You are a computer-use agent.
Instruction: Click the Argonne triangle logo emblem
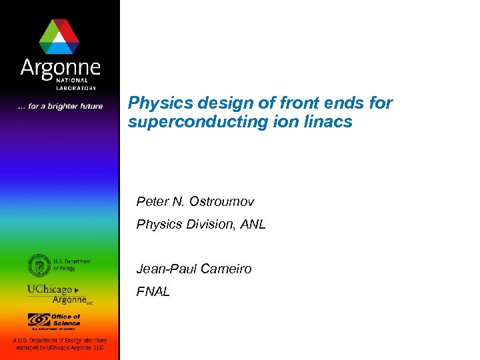pos(59,36)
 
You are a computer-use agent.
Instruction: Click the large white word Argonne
pos(60,67)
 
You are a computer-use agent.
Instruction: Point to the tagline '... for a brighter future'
pos(60,107)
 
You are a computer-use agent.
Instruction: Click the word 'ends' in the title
pos(347,103)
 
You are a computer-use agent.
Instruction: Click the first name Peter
pos(151,201)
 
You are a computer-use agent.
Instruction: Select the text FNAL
pos(153,291)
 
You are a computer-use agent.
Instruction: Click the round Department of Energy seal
pos(39,265)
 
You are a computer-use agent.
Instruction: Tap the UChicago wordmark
pos(50,290)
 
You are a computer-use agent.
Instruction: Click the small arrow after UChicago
pos(77,291)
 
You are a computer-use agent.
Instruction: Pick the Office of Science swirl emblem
pos(38,320)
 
